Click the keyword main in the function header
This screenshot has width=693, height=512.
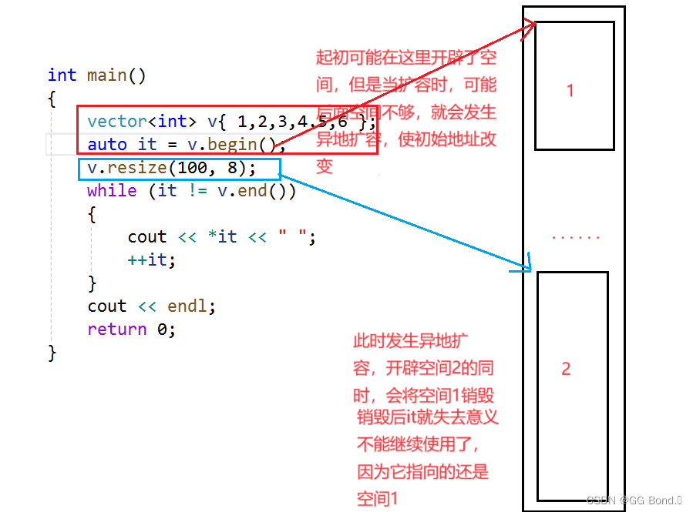[106, 75]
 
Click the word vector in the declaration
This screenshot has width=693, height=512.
[117, 122]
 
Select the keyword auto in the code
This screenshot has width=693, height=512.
[107, 145]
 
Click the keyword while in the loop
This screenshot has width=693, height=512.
[112, 191]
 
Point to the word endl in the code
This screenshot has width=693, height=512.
[187, 306]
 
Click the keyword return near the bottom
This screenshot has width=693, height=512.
[116, 330]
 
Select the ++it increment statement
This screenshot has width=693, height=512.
[151, 260]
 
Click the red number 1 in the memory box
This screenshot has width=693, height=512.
[570, 91]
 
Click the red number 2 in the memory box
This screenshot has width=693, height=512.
[566, 369]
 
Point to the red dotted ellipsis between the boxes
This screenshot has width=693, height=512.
[575, 237]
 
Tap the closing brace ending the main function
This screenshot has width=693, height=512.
[52, 353]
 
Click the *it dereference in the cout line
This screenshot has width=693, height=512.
[223, 237]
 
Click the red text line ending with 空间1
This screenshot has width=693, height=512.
[377, 499]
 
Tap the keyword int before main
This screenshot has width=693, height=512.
[62, 75]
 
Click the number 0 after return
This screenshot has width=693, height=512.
[162, 330]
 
